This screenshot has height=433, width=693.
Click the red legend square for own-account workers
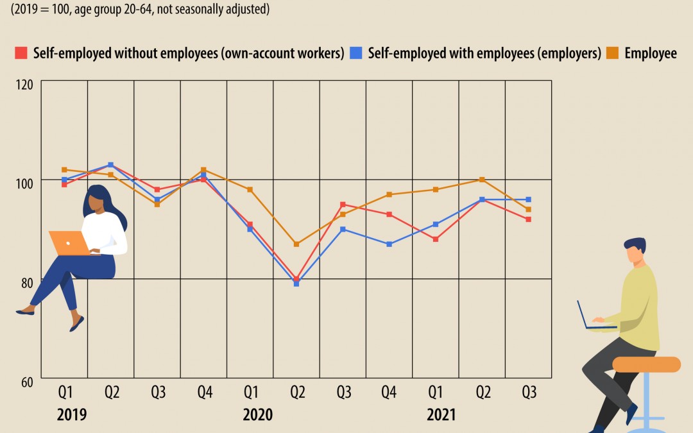tap(21, 53)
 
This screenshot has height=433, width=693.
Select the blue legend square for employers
tap(355, 53)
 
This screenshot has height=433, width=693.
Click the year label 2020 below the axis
tap(257, 415)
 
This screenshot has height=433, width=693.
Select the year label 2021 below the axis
tap(441, 415)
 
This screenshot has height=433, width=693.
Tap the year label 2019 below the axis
tap(72, 415)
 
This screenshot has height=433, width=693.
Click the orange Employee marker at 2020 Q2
tap(296, 244)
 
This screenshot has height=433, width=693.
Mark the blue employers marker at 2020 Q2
tap(296, 284)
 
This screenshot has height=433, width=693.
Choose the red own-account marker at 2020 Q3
tap(343, 205)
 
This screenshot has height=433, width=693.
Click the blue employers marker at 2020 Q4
tap(389, 244)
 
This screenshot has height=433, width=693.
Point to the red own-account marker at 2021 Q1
tap(436, 239)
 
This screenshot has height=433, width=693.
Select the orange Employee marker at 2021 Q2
tap(482, 180)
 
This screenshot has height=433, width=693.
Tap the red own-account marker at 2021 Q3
tap(529, 219)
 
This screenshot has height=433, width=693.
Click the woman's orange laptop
tap(70, 243)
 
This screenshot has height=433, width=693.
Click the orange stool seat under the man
tap(646, 364)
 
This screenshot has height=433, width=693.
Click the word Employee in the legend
tap(651, 53)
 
